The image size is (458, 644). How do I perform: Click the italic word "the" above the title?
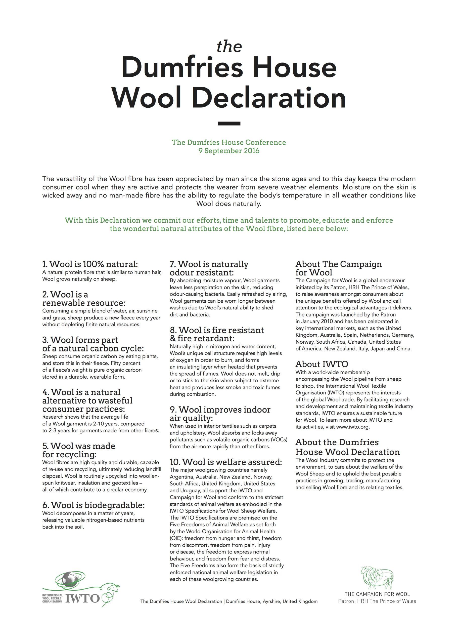(229, 47)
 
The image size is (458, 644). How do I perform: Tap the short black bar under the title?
(229, 123)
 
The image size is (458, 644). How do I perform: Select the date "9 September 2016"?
(229, 151)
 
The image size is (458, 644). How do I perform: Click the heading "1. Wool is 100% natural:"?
(90, 264)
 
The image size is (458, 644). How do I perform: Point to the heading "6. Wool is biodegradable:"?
(93, 505)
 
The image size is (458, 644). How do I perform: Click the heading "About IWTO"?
(322, 364)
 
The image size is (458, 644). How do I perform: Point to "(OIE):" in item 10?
(176, 538)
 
